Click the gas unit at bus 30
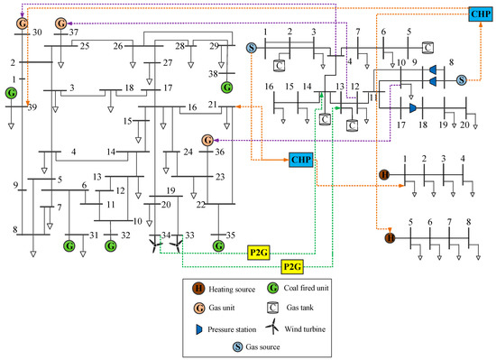click(22, 21)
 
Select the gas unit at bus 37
click(60, 22)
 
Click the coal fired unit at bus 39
click(10, 93)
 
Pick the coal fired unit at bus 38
click(226, 87)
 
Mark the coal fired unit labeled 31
click(69, 245)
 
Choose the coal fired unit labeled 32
click(110, 245)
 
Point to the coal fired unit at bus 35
click(217, 245)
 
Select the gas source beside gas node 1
click(252, 47)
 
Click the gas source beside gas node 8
click(461, 80)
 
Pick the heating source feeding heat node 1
click(384, 174)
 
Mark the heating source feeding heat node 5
click(390, 238)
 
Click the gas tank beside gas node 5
click(427, 47)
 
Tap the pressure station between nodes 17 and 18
click(412, 108)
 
